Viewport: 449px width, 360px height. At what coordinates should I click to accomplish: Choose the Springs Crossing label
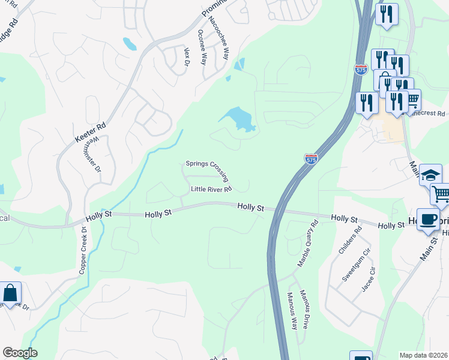click(207, 168)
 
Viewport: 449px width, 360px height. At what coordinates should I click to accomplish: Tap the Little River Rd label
click(211, 190)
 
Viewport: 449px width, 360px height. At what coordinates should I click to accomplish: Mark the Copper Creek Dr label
click(83, 251)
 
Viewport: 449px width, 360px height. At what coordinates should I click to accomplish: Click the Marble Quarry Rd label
click(307, 244)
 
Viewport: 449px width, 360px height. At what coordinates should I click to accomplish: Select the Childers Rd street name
click(351, 241)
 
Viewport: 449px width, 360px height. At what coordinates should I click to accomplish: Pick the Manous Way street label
click(292, 310)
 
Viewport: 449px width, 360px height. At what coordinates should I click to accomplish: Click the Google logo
click(20, 353)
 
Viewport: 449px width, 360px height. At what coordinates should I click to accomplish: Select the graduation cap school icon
click(430, 175)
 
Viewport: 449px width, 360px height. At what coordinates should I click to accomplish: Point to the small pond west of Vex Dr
click(129, 44)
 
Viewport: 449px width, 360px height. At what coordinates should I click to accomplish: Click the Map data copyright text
click(423, 355)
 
